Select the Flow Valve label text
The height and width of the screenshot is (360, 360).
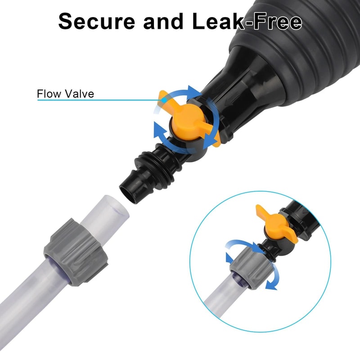(x=65, y=94)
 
